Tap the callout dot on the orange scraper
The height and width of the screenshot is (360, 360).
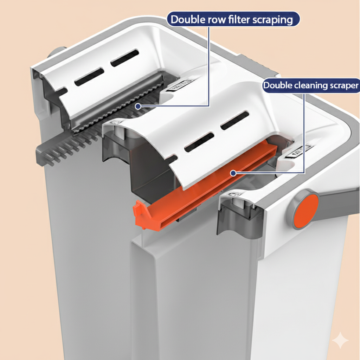(232, 173)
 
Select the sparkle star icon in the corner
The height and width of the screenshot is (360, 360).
(340, 340)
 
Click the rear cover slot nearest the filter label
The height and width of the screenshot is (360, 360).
(125, 58)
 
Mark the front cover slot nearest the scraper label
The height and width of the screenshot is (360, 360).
(234, 120)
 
